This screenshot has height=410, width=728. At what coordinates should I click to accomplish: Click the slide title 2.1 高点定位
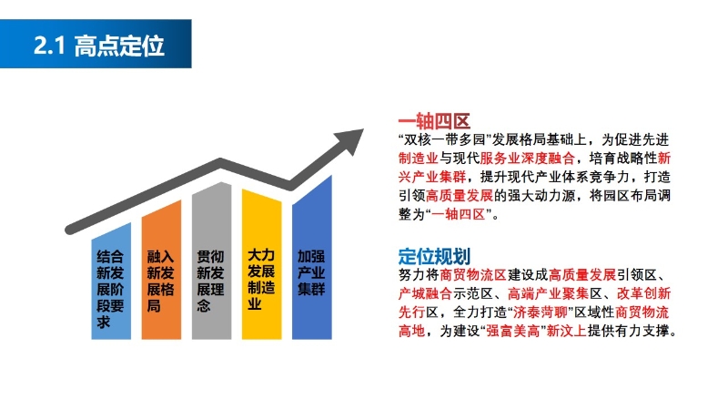[x=99, y=46]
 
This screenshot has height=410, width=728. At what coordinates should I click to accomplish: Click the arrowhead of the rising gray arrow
[x=350, y=139]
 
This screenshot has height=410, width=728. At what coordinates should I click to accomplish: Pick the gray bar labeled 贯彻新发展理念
[x=211, y=261]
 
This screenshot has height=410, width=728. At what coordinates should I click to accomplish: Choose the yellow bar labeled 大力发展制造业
[x=261, y=264]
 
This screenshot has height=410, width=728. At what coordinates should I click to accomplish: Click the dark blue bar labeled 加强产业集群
[x=311, y=257]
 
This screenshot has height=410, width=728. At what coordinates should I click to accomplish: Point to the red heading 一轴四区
[x=434, y=121]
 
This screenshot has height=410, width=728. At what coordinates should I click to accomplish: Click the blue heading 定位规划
[x=434, y=256]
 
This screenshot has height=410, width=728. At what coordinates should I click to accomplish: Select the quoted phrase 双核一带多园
[x=445, y=139]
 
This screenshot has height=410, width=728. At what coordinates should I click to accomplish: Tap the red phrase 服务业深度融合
[x=527, y=158]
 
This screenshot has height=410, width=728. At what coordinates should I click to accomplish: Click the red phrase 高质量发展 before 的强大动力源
[x=460, y=195]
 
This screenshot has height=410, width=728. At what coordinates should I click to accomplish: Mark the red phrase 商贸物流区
[x=472, y=275]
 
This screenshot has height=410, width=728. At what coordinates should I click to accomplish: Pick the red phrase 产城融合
[x=425, y=293]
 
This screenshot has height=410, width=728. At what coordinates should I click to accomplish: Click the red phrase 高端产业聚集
[x=548, y=293]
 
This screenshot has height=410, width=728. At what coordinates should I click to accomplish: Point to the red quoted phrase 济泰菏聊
[x=541, y=312]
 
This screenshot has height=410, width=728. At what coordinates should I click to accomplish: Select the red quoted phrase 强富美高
[x=513, y=331]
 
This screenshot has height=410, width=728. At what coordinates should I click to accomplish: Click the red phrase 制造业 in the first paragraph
[x=419, y=158]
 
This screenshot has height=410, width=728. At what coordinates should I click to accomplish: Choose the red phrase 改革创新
[x=644, y=293]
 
